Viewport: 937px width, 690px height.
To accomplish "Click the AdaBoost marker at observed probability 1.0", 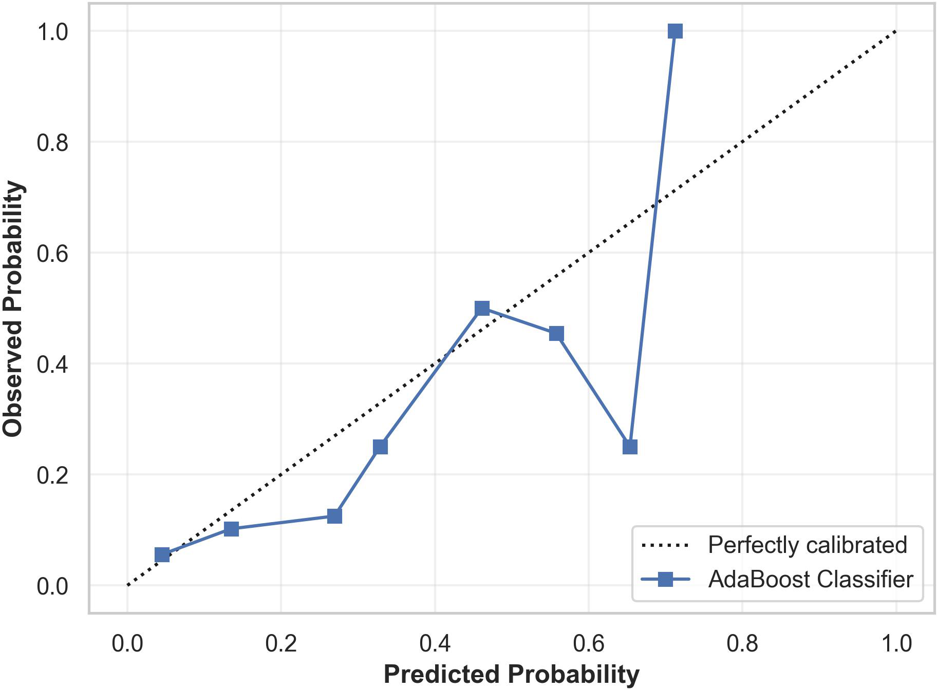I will (675, 31).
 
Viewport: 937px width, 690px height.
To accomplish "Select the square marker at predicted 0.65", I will (630, 447).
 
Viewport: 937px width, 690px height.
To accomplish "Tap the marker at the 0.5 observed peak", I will (482, 308).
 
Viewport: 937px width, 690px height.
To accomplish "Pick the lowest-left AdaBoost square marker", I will (162, 555).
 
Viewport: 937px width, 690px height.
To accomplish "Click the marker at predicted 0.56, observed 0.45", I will (556, 334).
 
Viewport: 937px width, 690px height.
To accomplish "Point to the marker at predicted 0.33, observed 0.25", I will (380, 447).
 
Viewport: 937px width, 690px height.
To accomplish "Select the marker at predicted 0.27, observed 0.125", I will (334, 516).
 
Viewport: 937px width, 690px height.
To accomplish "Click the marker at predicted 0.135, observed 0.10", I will (231, 529).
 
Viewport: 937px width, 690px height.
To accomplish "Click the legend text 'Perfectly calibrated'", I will (807, 545).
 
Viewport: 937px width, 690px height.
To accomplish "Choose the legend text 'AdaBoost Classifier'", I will (810, 579).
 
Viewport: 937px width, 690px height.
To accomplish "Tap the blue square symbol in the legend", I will (665, 580).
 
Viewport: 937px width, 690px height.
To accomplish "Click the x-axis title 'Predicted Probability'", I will (511, 674).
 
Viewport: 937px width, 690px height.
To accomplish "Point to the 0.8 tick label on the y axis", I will (52, 143).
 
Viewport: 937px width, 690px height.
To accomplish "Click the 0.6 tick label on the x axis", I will (589, 643).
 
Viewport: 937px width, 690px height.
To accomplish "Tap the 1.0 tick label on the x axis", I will (896, 643).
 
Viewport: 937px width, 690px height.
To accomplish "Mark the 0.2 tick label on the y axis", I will (52, 475).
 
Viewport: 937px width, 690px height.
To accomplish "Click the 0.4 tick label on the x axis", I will (435, 643).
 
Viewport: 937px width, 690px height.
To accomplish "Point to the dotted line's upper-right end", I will (896, 31).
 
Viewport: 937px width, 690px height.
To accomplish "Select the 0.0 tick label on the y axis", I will (52, 586).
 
